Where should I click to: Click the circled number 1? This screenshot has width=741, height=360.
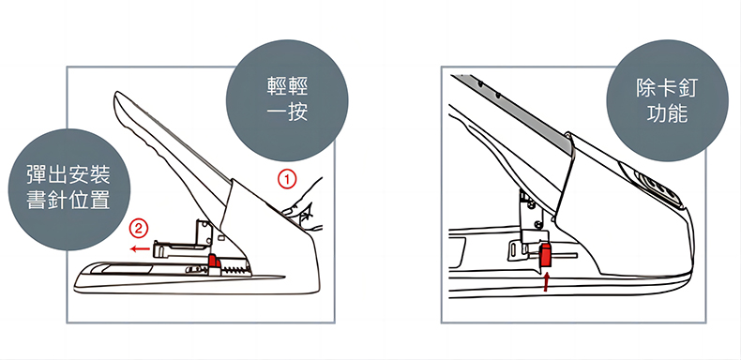point(287,180)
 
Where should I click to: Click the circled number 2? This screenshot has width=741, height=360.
point(139,230)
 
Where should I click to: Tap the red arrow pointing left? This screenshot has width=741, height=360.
point(140,248)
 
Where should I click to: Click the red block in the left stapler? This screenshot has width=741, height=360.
point(215,261)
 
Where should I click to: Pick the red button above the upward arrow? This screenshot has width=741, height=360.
point(547,255)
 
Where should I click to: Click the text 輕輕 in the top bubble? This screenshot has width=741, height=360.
point(287,88)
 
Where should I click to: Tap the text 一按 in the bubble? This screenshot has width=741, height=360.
point(287,112)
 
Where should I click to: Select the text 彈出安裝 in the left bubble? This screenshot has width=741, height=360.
point(69,174)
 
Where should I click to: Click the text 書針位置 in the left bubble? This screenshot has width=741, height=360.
point(69,200)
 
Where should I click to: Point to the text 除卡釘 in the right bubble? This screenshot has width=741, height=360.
point(667,88)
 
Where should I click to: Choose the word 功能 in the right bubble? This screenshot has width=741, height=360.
point(667,113)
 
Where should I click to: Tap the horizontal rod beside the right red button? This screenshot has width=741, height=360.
point(566,256)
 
